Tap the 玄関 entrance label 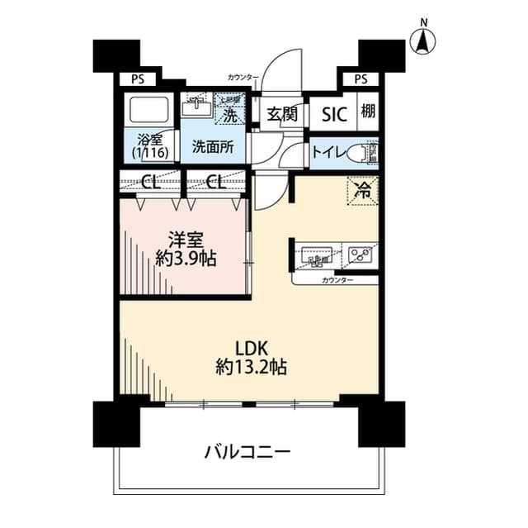(281, 115)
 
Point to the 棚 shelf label (367, 112)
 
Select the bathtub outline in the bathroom (148, 108)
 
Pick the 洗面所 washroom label (213, 147)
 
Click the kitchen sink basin (316, 255)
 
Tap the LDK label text (252, 348)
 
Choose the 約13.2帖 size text (252, 368)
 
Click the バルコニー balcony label (247, 452)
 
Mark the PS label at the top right (361, 79)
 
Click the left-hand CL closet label (149, 182)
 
